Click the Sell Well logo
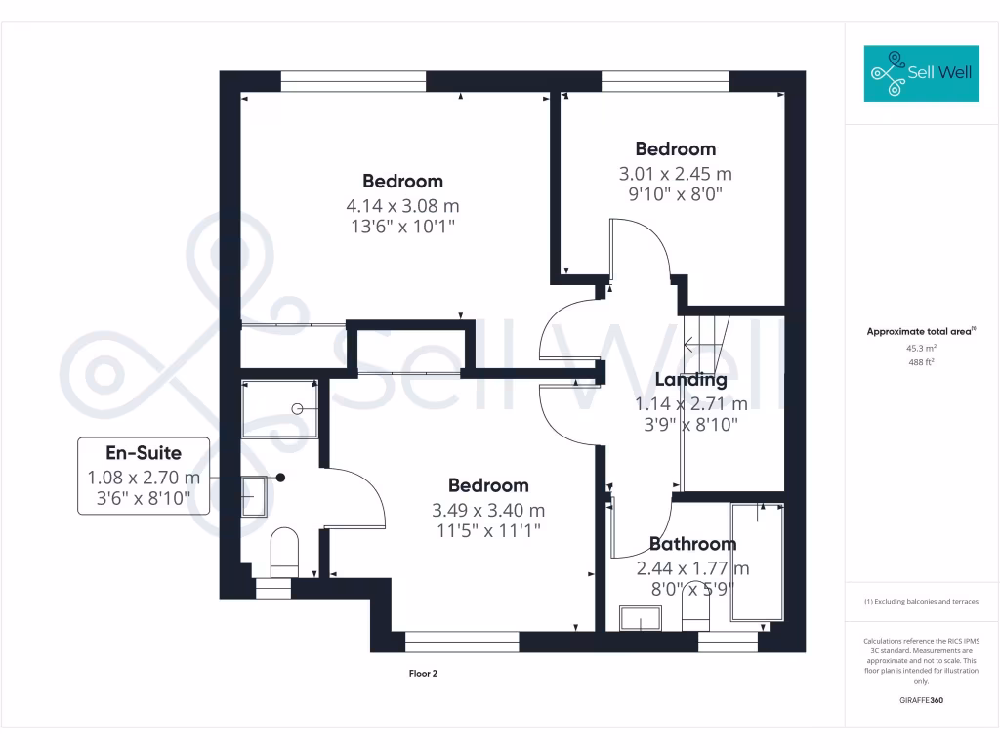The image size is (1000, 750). click(921, 73)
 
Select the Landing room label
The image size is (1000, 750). click(690, 380)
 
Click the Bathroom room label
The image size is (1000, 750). click(692, 544)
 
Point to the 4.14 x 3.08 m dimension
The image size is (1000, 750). click(402, 206)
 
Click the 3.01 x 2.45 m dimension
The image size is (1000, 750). click(675, 174)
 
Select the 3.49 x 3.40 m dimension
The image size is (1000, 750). click(488, 510)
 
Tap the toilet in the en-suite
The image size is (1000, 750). click(284, 552)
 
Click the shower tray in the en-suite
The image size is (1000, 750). click(279, 408)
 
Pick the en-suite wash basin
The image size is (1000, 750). click(255, 494)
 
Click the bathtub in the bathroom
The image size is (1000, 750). click(757, 562)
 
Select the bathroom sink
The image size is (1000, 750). click(641, 618)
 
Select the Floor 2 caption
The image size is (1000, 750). click(423, 673)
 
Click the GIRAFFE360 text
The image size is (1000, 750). click(921, 700)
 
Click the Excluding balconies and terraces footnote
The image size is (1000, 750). click(921, 602)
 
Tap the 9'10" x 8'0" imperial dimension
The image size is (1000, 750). click(675, 193)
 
